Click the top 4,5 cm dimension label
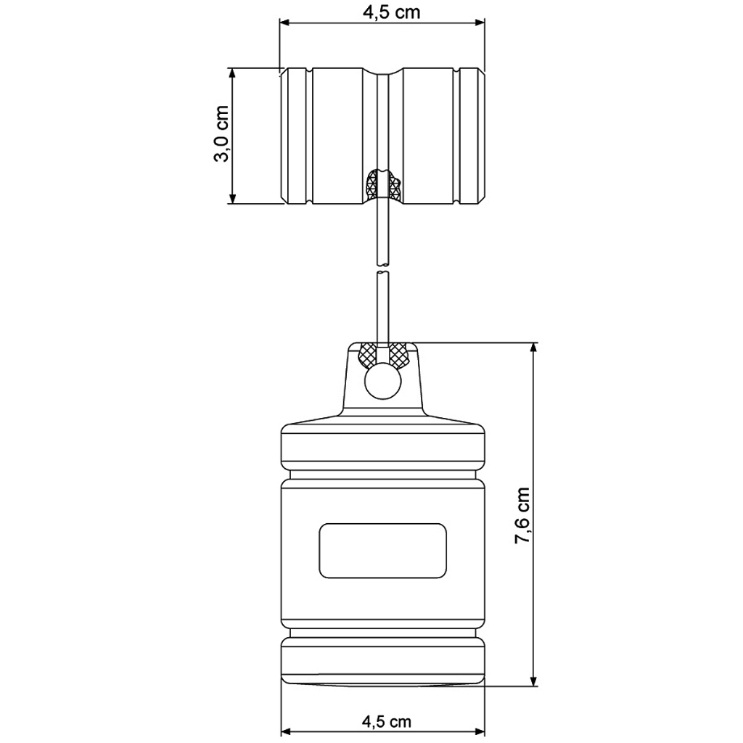click(x=391, y=12)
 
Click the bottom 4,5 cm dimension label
click(x=386, y=721)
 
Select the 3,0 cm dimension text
click(x=221, y=134)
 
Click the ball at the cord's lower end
click(x=383, y=381)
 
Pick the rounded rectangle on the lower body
click(x=383, y=551)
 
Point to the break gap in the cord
click(x=382, y=269)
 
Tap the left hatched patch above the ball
click(x=368, y=355)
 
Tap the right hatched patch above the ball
click(x=398, y=355)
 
